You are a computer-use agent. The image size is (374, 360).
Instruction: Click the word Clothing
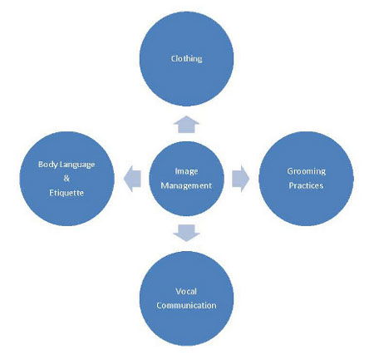pos(186,59)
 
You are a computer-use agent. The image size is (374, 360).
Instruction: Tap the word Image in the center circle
pos(186,171)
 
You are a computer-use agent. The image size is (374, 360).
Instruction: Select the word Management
pos(186,185)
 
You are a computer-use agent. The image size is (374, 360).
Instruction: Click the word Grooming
pos(306,171)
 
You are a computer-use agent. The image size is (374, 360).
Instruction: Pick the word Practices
pos(306,185)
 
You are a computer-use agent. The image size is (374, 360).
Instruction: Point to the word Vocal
pos(186,291)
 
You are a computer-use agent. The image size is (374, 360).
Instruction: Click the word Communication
pos(186,305)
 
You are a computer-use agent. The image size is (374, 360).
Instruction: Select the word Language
pos(77,165)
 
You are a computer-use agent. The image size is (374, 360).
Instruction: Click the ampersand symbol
pos(66,179)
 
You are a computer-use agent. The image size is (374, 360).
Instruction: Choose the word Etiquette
pos(66,193)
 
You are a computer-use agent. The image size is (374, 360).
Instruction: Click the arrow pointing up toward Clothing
pos(186,125)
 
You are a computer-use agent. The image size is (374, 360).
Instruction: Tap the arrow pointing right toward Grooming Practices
pos(240,179)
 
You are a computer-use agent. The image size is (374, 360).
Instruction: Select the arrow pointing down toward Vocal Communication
pos(186,233)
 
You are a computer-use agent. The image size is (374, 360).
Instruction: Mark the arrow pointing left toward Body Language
pos(132,179)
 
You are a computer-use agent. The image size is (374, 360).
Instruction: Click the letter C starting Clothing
pos(173,59)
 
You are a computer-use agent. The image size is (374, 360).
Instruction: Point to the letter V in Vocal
pos(179,291)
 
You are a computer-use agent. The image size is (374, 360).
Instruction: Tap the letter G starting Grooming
pos(290,171)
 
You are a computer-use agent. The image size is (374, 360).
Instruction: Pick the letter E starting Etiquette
pos(52,193)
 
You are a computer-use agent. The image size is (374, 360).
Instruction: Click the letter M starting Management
pos(165,185)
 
